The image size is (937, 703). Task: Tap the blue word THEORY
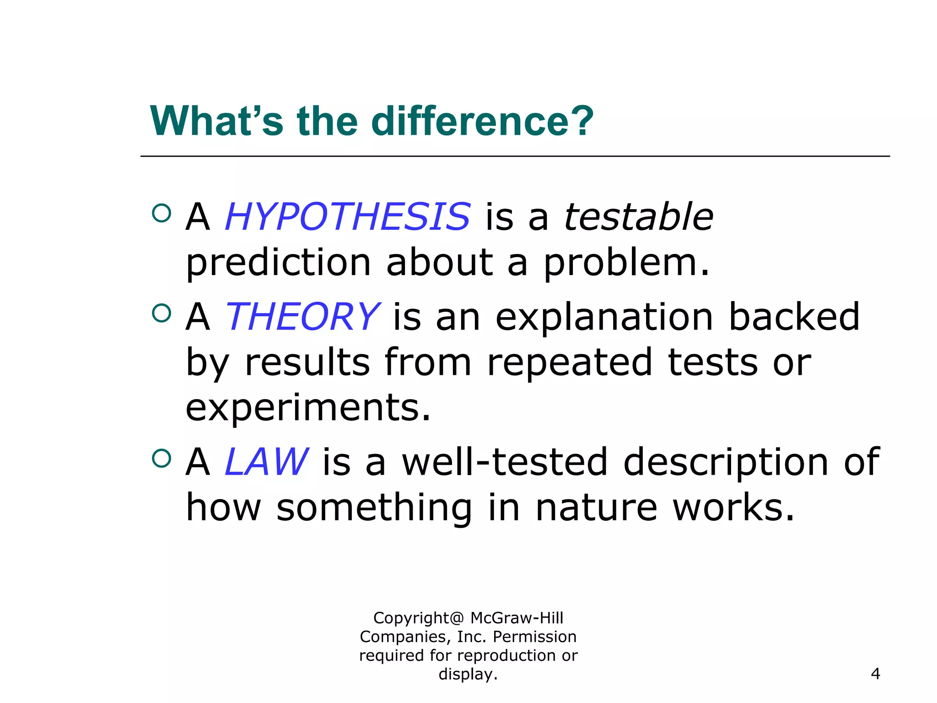[302, 317]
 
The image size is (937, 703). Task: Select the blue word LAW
[267, 462]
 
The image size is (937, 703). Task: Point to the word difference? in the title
[482, 121]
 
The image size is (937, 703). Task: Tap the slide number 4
[875, 674]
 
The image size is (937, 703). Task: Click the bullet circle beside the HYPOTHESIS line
[161, 213]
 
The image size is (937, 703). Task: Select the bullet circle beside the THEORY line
[161, 313]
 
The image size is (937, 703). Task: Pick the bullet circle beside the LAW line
[161, 458]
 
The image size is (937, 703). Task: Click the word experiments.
[308, 407]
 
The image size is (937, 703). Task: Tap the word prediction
[278, 263]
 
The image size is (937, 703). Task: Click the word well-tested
[505, 462]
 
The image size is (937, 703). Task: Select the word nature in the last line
[596, 508]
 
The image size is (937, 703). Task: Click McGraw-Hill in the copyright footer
[517, 618]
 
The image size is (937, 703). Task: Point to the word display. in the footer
[468, 674]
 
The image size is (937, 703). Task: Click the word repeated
[569, 362]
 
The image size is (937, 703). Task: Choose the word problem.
[626, 263]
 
